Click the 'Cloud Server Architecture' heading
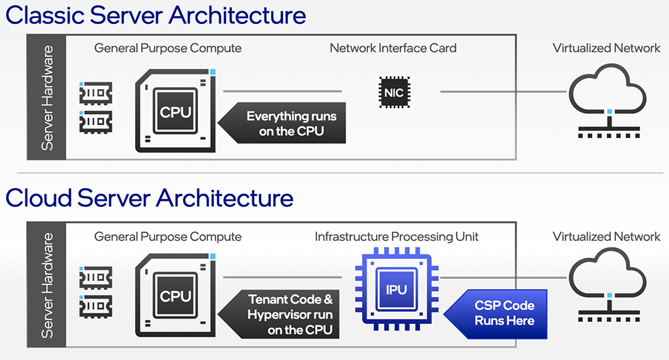[x=149, y=199]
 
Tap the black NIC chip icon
[x=395, y=92]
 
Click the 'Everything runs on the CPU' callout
[x=284, y=124]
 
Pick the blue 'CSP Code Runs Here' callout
[x=500, y=312]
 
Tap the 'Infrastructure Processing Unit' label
[x=397, y=236]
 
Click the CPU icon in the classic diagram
[x=175, y=110]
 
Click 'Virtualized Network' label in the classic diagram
[x=606, y=48]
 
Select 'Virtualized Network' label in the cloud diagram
[x=606, y=236]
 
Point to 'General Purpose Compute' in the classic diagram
[x=168, y=48]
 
